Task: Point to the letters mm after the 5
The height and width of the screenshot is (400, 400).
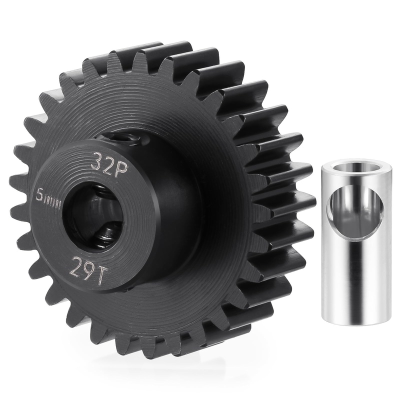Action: (x=51, y=197)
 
